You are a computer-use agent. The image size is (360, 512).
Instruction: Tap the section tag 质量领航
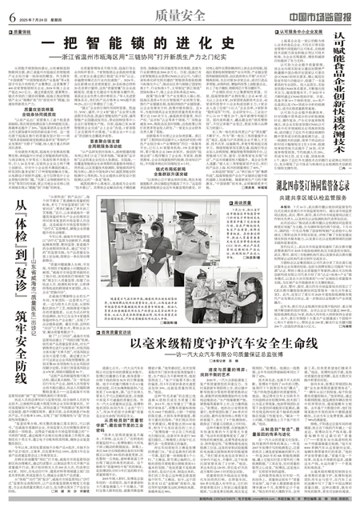click(21, 33)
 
